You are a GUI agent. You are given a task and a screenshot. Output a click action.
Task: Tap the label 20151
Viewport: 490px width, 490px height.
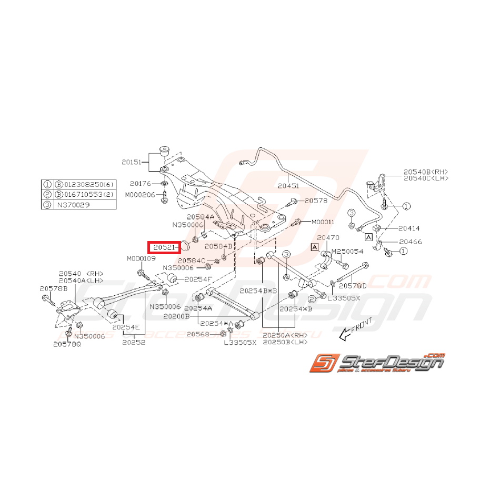click(132, 163)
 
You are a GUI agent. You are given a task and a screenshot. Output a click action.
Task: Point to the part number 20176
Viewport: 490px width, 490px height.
click(141, 184)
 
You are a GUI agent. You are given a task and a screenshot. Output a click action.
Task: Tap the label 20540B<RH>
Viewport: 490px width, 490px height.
click(425, 172)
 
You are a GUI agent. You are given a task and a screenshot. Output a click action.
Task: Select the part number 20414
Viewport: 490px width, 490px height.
click(408, 228)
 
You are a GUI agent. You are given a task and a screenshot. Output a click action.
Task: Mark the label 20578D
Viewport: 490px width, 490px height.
click(352, 286)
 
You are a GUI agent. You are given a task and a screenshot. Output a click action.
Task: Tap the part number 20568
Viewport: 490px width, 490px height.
click(198, 334)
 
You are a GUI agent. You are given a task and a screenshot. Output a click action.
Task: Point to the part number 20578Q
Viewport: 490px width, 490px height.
click(67, 344)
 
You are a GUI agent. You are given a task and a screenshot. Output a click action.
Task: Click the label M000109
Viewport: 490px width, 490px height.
click(140, 259)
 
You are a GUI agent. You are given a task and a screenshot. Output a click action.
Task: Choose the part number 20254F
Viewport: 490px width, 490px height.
click(198, 278)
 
